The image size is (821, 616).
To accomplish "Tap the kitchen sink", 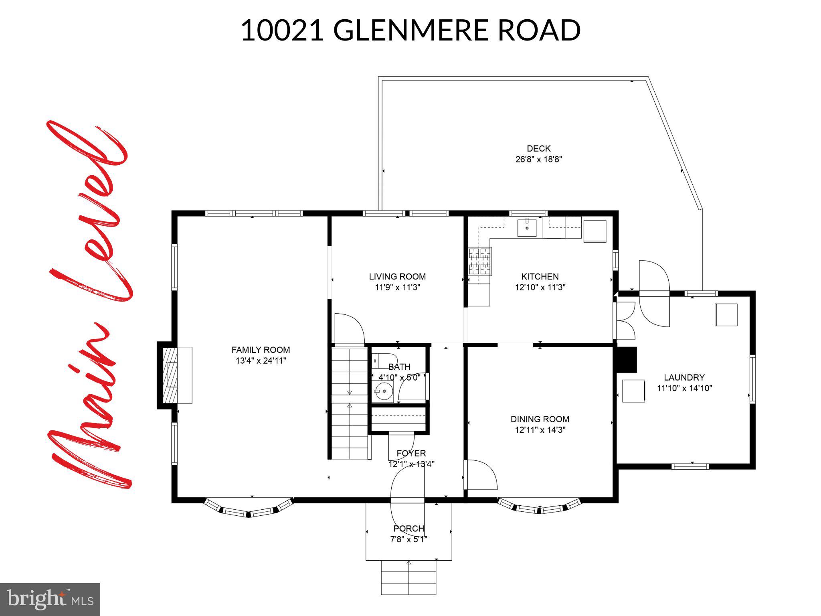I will [x=527, y=228].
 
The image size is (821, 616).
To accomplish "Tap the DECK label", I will [x=538, y=148].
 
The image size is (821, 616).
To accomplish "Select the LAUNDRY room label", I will [x=684, y=377].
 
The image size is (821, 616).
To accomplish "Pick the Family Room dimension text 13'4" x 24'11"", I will [x=261, y=361].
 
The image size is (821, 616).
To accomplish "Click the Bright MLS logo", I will [x=50, y=599].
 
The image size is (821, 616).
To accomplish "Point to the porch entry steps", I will [x=408, y=577].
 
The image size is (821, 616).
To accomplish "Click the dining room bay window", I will [x=539, y=507].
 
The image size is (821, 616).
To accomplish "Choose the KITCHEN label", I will [x=540, y=277].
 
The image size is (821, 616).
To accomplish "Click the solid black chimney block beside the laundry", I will [x=627, y=360].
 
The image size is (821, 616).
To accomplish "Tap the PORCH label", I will [x=408, y=529].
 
